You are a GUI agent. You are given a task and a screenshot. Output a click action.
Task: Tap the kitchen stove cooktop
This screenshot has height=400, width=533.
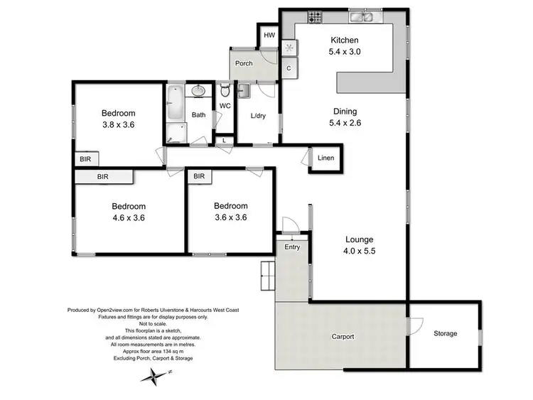(313, 16)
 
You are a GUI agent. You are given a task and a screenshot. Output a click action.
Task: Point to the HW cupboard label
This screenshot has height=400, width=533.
(269, 35)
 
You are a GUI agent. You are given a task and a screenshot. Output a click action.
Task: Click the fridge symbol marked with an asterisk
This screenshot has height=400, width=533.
(289, 48)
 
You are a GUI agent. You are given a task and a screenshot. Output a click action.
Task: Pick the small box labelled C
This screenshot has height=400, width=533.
(289, 69)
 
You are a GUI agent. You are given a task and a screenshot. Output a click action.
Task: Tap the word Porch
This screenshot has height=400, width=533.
(244, 63)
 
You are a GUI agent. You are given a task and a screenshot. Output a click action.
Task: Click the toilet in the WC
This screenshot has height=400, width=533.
(225, 91)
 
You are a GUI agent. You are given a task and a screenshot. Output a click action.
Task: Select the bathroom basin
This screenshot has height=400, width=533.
(197, 91)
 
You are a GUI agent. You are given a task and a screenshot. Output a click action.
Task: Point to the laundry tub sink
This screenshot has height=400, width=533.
(244, 90)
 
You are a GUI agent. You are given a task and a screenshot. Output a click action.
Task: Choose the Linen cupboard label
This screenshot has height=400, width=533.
(325, 158)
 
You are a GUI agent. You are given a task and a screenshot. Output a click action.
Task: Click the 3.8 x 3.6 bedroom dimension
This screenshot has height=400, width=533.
(118, 124)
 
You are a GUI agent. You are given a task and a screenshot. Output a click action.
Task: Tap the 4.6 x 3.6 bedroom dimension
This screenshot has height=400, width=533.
(128, 218)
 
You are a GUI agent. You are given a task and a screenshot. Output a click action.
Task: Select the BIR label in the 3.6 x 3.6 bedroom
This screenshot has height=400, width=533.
(199, 176)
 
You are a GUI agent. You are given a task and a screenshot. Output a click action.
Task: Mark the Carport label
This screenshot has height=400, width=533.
(343, 336)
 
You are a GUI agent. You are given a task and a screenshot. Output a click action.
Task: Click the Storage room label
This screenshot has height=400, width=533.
(446, 333)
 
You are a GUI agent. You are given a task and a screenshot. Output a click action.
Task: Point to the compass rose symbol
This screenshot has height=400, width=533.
(151, 378)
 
